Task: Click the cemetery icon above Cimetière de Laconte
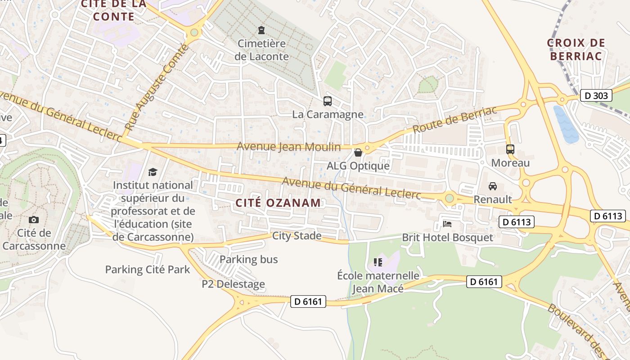point(261,31)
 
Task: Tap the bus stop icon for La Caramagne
point(328,101)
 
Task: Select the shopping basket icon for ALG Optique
point(358,153)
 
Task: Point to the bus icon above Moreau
point(510,149)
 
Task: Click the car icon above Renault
point(493,186)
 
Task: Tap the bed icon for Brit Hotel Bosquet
point(447,224)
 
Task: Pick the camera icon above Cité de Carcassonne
point(34,220)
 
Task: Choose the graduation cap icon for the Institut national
point(153,172)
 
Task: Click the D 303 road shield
point(596,95)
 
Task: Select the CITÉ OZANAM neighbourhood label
point(278,202)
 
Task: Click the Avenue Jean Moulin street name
point(289,147)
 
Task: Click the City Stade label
point(297,236)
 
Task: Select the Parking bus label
point(248,259)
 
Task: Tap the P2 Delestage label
point(233,284)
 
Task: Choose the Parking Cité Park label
point(148,270)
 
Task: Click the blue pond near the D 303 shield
point(566,124)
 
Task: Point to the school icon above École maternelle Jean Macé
point(378,262)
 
